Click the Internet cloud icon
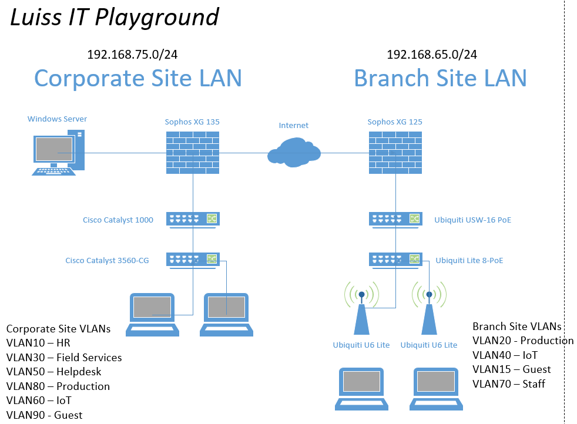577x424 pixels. pyautogui.click(x=294, y=153)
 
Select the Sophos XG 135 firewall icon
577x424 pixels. pyautogui.click(x=193, y=153)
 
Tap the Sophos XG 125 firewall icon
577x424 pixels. pyautogui.click(x=395, y=153)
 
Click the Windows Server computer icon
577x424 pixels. pyautogui.click(x=58, y=153)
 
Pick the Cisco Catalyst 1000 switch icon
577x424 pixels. pyautogui.click(x=193, y=220)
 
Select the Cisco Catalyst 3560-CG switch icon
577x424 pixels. pyautogui.click(x=193, y=260)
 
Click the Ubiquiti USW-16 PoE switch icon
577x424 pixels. pyautogui.click(x=395, y=220)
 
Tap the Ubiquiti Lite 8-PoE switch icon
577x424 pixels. pyautogui.click(x=395, y=260)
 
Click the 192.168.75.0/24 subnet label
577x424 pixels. pyautogui.click(x=132, y=55)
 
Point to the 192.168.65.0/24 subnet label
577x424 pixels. pyautogui.click(x=432, y=55)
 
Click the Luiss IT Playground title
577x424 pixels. pyautogui.click(x=115, y=18)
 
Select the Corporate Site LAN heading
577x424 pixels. pyautogui.click(x=138, y=78)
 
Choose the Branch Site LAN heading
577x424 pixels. pyautogui.click(x=441, y=78)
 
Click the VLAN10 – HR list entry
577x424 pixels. pyautogui.click(x=38, y=343)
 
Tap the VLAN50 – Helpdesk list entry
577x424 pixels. pyautogui.click(x=53, y=372)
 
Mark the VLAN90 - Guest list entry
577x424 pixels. pyautogui.click(x=44, y=415)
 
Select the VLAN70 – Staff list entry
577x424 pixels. pyautogui.click(x=509, y=384)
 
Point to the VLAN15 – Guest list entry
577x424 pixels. pyautogui.click(x=512, y=369)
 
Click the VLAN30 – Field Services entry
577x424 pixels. pyautogui.click(x=64, y=358)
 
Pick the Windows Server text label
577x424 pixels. pyautogui.click(x=58, y=119)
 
